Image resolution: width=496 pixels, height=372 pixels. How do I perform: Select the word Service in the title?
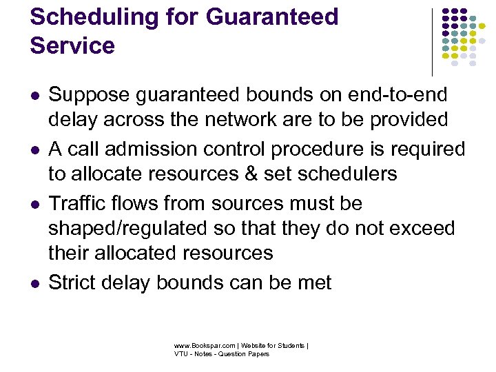point(72,45)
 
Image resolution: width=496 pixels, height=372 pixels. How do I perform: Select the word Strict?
point(72,282)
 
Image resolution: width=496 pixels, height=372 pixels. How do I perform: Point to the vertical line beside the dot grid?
point(432,41)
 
